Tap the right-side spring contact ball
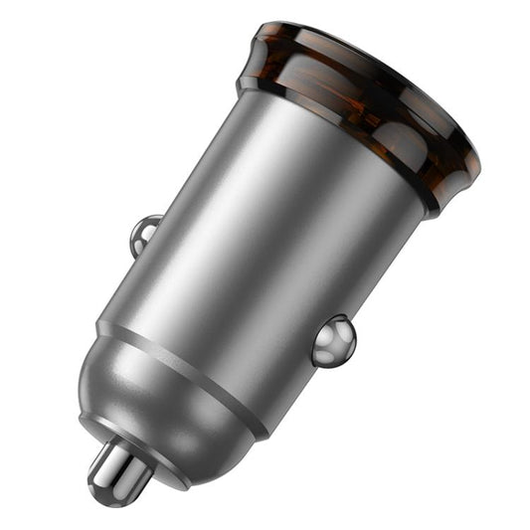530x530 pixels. click(x=333, y=340)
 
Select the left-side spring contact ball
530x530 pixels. click(x=145, y=233)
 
